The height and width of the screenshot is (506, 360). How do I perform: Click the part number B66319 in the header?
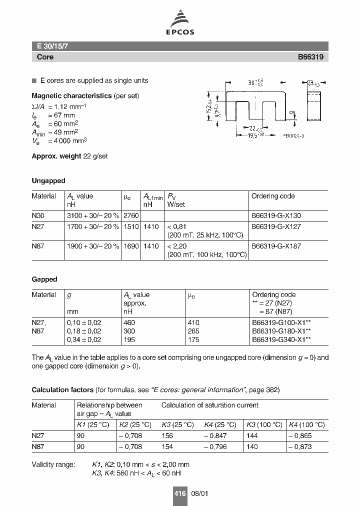[x=310, y=57]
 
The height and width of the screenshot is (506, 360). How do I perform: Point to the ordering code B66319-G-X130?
[x=276, y=216]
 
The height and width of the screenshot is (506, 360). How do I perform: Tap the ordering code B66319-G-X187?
[x=276, y=246]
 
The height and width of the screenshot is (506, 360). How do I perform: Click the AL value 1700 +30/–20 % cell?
[x=93, y=226]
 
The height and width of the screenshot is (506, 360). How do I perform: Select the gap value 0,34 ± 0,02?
[x=84, y=340]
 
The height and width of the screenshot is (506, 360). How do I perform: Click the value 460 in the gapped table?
[x=129, y=322]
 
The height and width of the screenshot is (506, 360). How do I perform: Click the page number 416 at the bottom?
[x=180, y=493]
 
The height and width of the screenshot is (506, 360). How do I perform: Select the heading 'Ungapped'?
[x=48, y=180]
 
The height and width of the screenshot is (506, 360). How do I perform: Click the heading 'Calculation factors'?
[x=62, y=389]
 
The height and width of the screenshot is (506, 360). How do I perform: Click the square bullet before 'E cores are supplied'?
[x=34, y=81]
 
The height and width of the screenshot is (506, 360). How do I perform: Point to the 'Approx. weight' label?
[x=56, y=156]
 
